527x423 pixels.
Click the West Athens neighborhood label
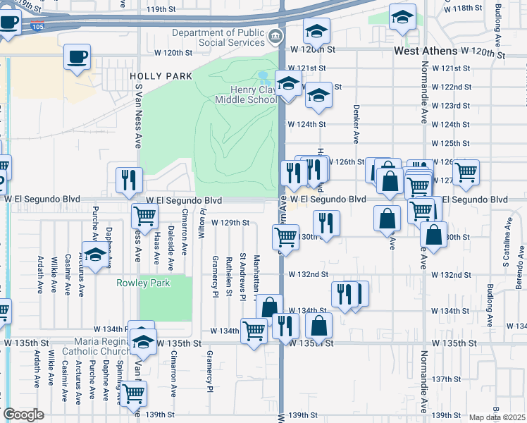[x=426, y=51]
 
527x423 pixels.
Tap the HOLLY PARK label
[x=151, y=75]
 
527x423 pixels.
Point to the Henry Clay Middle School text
[x=254, y=94]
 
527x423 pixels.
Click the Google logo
[x=23, y=415]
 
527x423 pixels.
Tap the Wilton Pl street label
[x=201, y=223]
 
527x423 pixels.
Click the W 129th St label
[x=230, y=223]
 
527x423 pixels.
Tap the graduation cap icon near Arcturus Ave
[x=96, y=255]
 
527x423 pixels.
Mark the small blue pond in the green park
[x=264, y=75]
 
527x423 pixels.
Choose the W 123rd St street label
[x=450, y=106]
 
